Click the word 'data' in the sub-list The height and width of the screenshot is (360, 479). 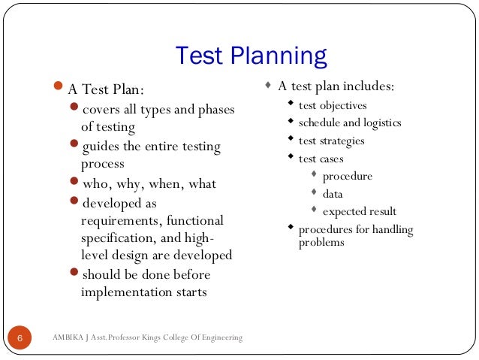[333, 194]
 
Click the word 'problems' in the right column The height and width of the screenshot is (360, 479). [321, 242]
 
